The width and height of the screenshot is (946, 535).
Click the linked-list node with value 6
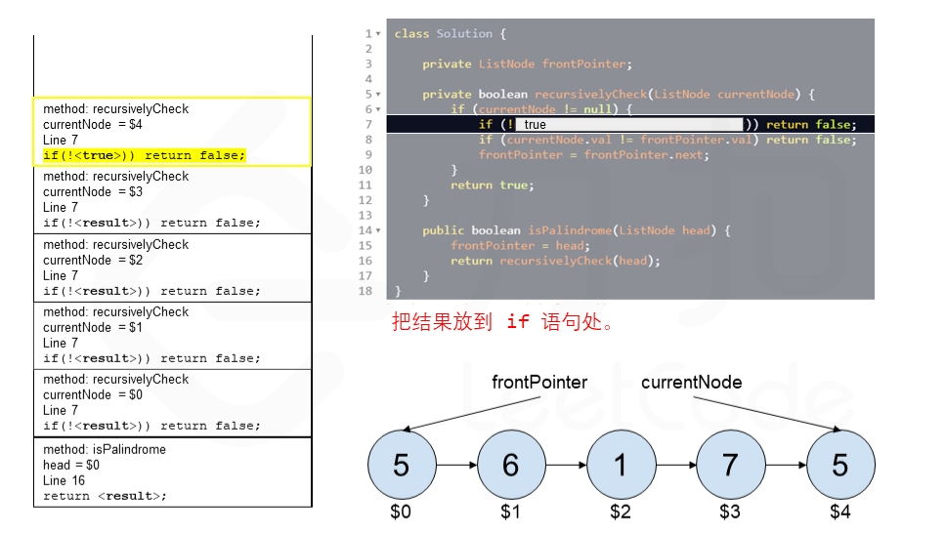pyautogui.click(x=510, y=466)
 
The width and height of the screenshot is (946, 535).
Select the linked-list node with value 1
pyautogui.click(x=620, y=466)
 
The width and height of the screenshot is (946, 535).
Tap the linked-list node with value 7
pyautogui.click(x=729, y=466)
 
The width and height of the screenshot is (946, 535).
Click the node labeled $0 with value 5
pyautogui.click(x=401, y=466)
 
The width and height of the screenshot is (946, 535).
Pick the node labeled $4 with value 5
pyautogui.click(x=839, y=466)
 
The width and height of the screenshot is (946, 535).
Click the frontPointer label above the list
pyautogui.click(x=539, y=382)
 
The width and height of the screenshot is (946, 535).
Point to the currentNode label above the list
pyautogui.click(x=691, y=382)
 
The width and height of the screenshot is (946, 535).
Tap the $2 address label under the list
pyautogui.click(x=621, y=511)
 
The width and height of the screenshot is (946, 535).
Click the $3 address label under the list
pyautogui.click(x=730, y=511)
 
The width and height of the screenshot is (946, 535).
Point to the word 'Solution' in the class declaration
pyautogui.click(x=464, y=34)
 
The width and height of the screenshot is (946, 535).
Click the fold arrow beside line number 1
pyautogui.click(x=378, y=34)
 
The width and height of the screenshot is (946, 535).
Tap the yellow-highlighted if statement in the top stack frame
pyautogui.click(x=144, y=155)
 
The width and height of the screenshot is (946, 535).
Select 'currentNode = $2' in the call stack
pyautogui.click(x=93, y=260)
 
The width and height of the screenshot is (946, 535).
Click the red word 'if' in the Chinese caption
pyautogui.click(x=518, y=322)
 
